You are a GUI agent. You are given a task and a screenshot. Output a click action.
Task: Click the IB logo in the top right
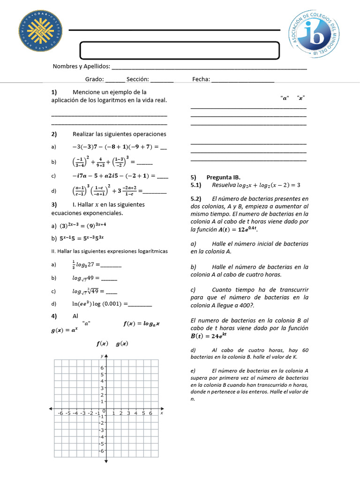pos(318,35)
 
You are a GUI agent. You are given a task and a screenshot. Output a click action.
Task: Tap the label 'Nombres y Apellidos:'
pos(82,67)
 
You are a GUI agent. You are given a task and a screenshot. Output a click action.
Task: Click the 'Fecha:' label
pos(201,80)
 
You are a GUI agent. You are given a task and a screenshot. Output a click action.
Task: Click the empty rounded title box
pos(180,50)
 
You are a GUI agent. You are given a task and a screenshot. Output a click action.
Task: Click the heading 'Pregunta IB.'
pos(223,178)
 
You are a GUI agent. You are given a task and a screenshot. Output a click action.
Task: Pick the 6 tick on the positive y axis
pos(102,368)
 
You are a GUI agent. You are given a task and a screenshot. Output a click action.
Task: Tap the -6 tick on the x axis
pos(60,413)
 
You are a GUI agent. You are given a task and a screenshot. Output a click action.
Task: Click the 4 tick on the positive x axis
pos(136,413)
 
